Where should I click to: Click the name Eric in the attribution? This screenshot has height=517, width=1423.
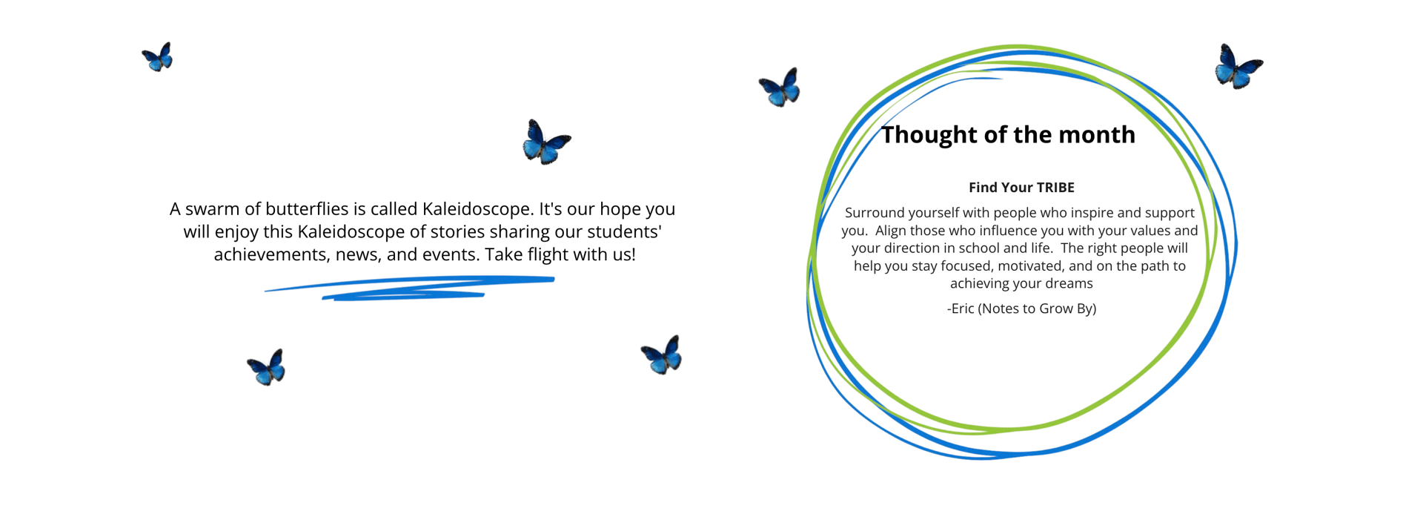(x=962, y=309)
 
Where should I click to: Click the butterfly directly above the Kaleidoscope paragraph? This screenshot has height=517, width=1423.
(x=546, y=142)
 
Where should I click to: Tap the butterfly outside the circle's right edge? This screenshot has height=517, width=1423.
(x=1238, y=67)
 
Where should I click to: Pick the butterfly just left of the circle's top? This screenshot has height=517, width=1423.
(x=780, y=88)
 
